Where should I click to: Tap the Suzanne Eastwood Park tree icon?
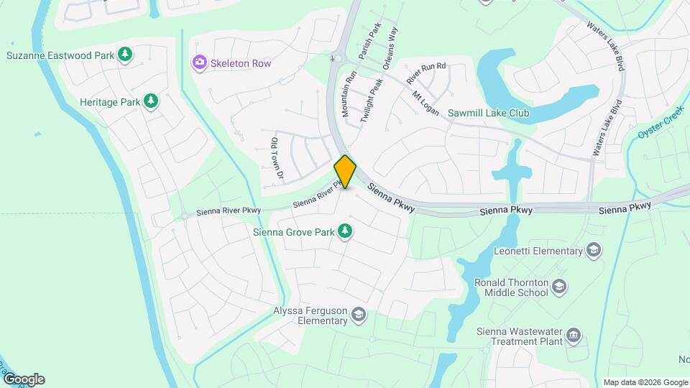coord(125,55)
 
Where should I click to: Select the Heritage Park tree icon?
coord(151,101)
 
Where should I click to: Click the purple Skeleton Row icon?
coord(199,63)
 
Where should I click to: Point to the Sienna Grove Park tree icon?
coord(346,231)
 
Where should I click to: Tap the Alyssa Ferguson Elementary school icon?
coord(359,314)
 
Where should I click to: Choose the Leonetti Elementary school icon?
coord(594,250)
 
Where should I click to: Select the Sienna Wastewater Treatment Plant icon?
coord(573,335)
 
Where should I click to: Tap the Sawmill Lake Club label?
coord(489,113)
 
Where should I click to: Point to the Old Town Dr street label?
coord(275,157)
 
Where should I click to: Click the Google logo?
coord(24,379)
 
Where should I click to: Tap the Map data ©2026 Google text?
coord(645,382)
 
